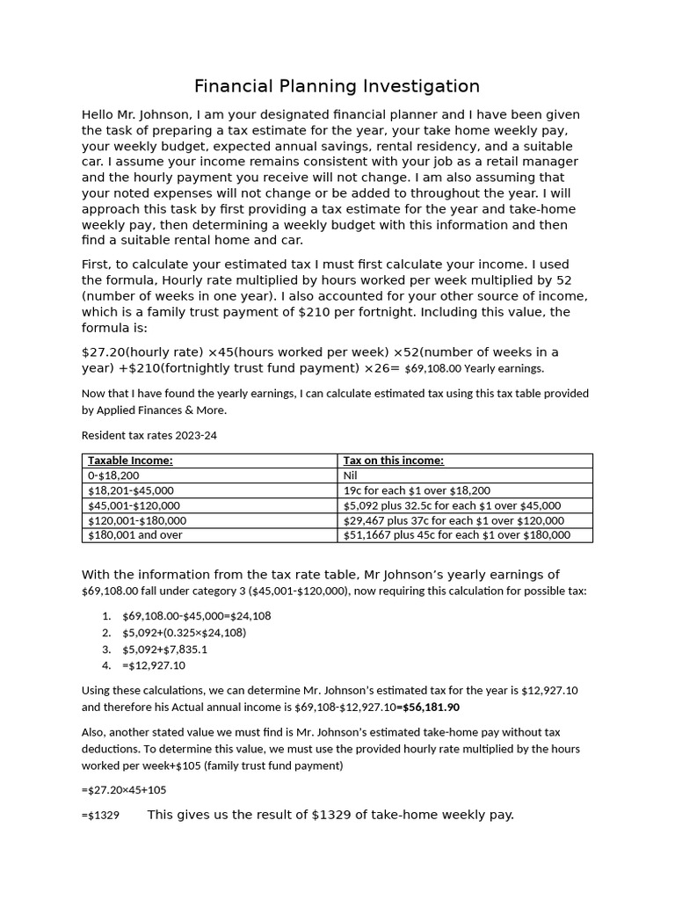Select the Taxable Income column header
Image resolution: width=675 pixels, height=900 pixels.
tap(130, 461)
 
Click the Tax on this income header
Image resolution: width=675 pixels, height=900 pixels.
tap(393, 461)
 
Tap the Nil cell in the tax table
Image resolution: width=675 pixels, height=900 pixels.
tap(351, 475)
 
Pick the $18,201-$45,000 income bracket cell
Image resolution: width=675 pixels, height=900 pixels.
tap(131, 490)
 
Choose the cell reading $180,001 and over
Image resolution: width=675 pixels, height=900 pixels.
tap(135, 534)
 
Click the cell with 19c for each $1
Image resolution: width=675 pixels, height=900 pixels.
tap(417, 490)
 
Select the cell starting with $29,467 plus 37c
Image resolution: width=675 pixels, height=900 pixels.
tap(454, 520)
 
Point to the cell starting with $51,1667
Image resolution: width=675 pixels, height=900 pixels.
tap(456, 534)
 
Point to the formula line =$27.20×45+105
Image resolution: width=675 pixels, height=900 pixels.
tap(124, 790)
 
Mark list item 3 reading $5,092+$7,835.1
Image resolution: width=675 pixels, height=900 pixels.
tap(165, 650)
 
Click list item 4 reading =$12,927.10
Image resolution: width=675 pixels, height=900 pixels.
tap(154, 666)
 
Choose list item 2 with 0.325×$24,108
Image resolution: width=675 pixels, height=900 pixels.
tap(184, 633)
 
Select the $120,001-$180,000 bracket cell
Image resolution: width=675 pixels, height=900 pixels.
tap(137, 520)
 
